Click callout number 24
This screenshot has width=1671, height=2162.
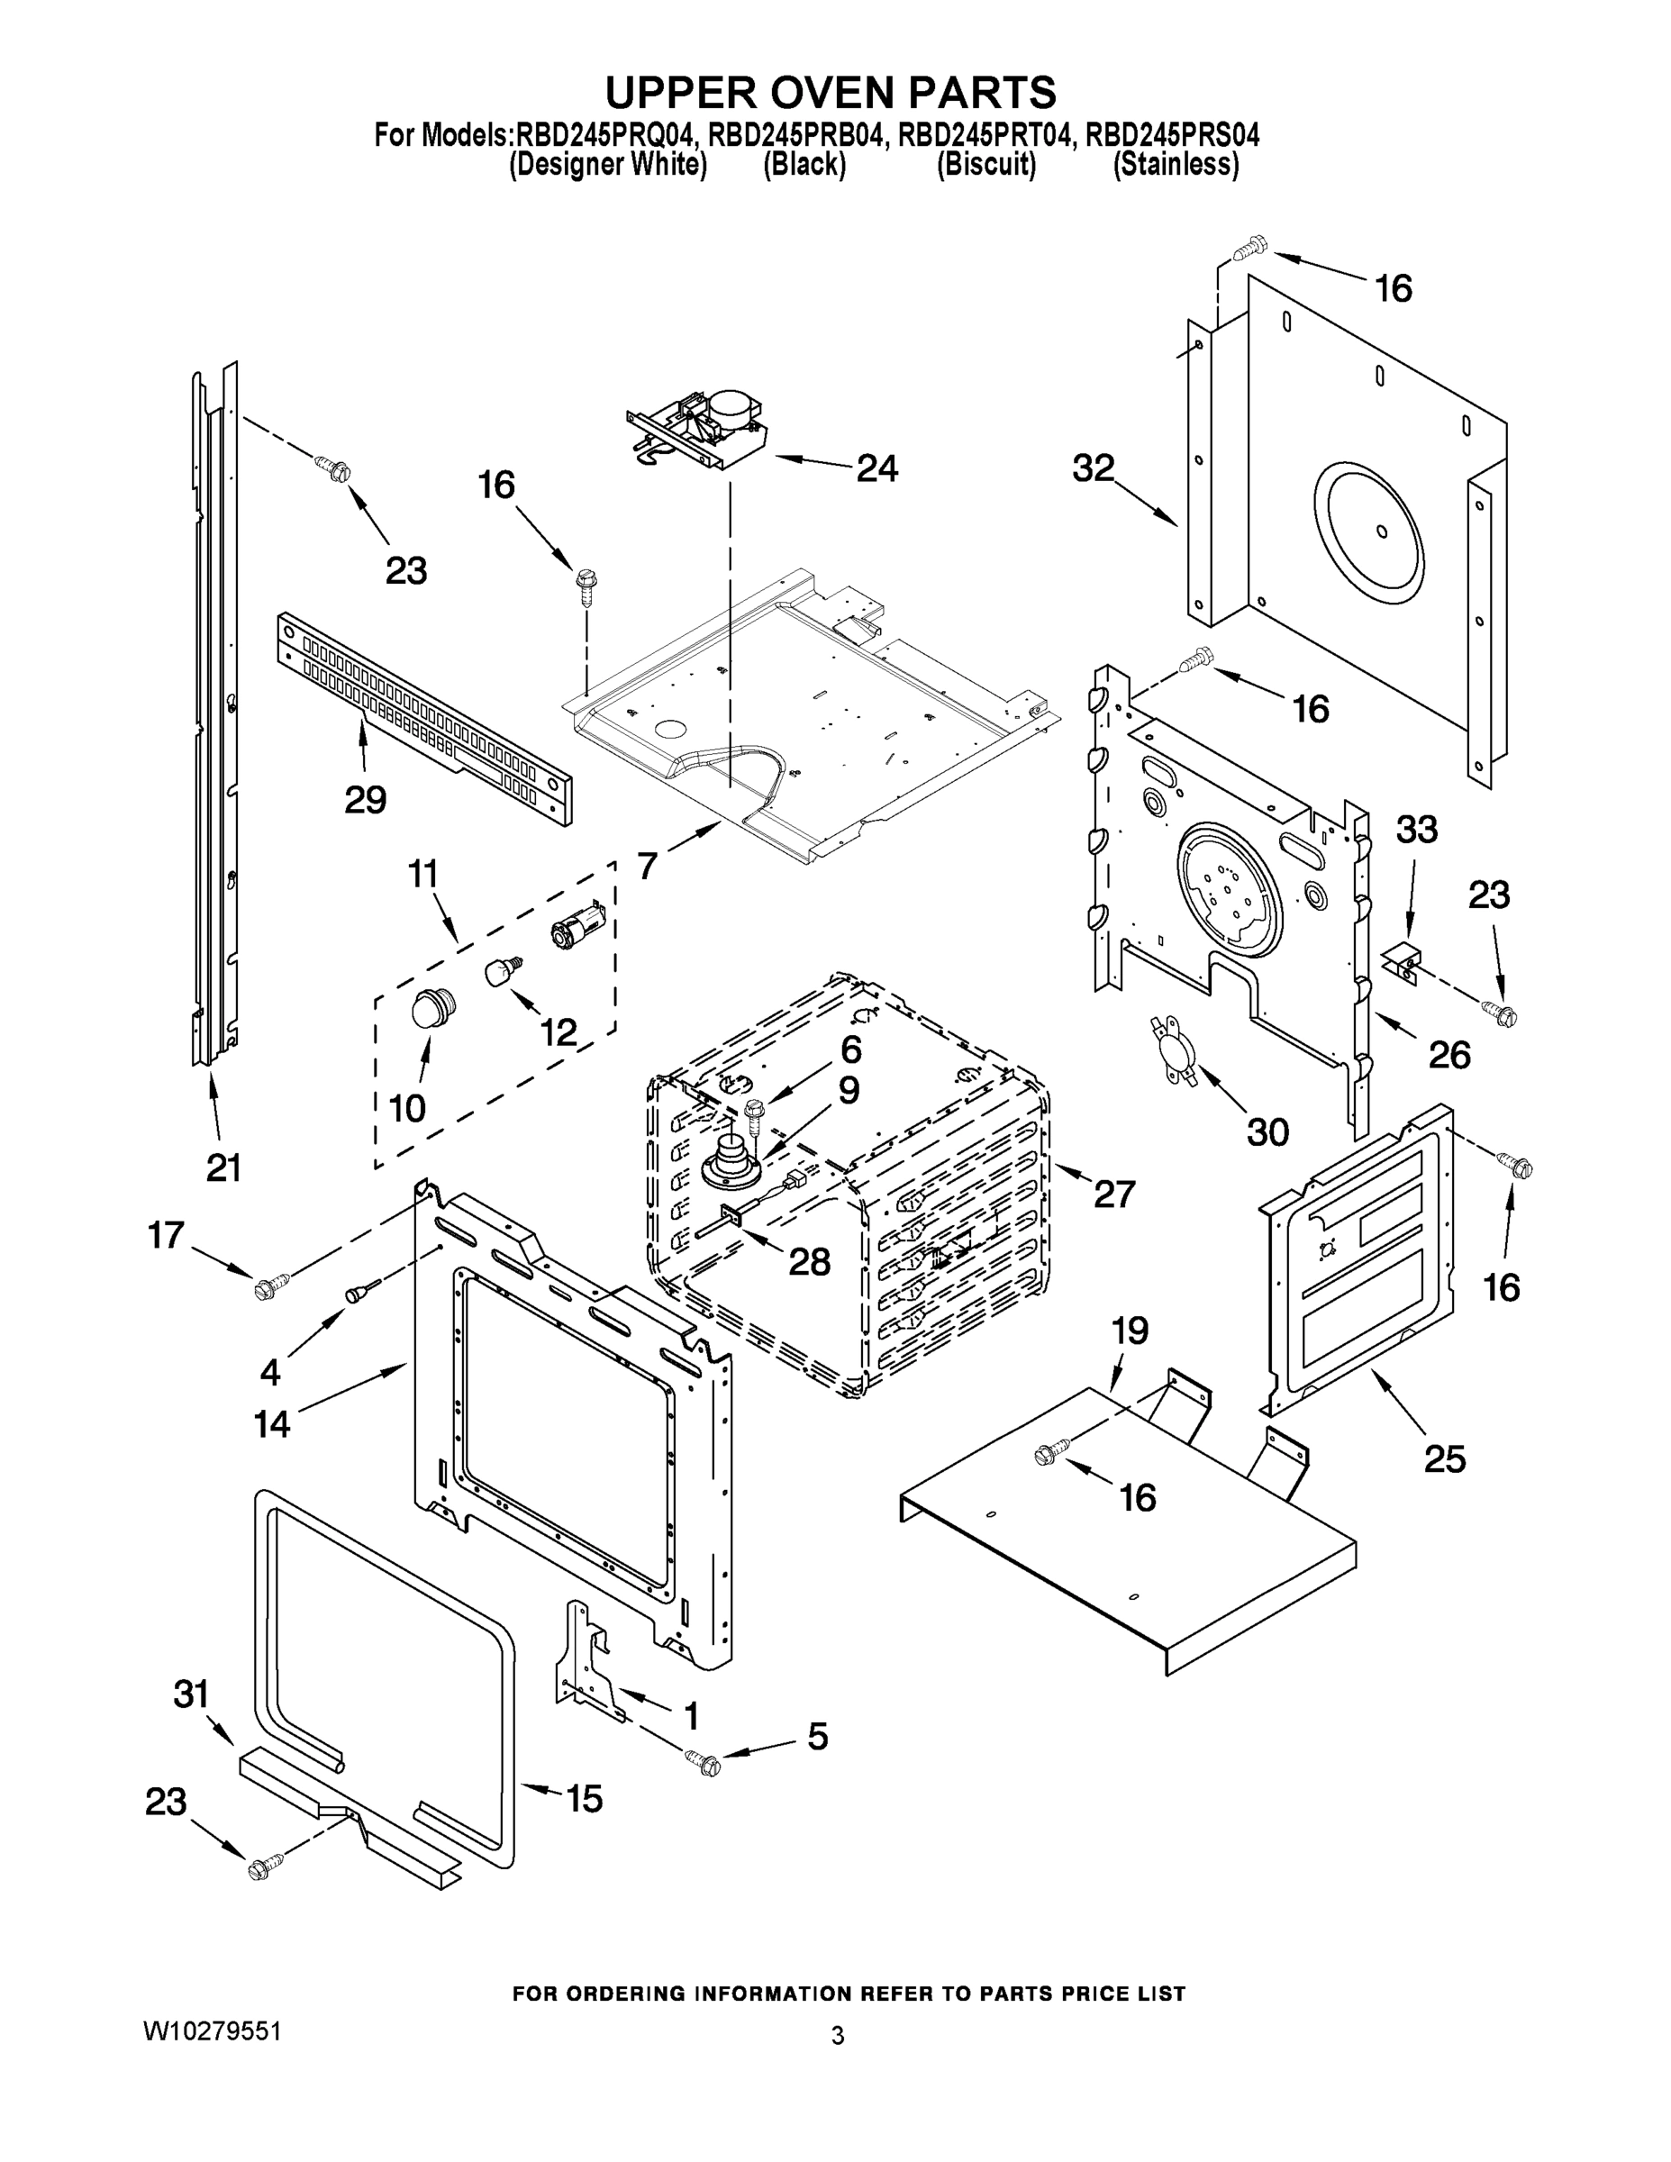pyautogui.click(x=877, y=468)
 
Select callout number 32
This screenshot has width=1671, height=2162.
pyautogui.click(x=1093, y=468)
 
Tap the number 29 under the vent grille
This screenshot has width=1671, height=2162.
pyautogui.click(x=366, y=799)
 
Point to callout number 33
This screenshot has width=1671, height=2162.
pyautogui.click(x=1417, y=830)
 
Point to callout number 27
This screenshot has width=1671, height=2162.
pyautogui.click(x=1113, y=1195)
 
